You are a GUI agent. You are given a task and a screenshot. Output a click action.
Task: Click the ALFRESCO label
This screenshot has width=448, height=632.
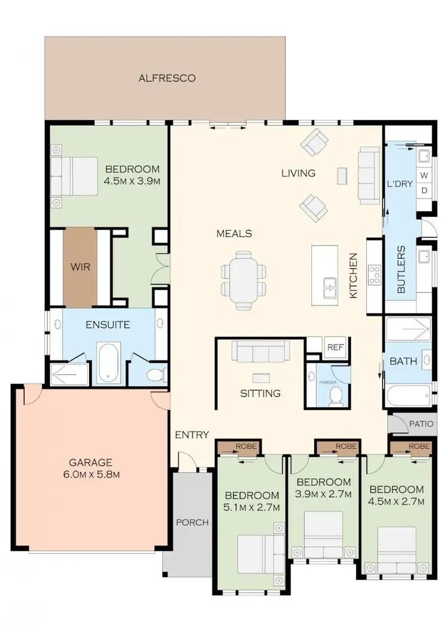click(167, 78)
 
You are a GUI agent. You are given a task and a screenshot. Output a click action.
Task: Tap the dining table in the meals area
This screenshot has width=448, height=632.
click(243, 279)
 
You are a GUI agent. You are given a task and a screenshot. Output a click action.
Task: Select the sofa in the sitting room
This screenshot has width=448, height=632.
click(260, 352)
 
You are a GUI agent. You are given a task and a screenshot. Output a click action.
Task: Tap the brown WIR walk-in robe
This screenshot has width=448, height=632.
click(79, 267)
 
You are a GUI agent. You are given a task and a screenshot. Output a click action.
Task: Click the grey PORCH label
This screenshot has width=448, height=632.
click(192, 522)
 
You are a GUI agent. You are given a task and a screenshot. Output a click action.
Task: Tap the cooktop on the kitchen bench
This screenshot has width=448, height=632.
click(375, 275)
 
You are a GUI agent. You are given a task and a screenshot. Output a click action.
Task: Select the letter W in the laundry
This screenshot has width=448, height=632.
click(424, 175)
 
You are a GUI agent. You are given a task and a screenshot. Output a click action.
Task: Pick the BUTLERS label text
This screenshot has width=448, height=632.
click(401, 269)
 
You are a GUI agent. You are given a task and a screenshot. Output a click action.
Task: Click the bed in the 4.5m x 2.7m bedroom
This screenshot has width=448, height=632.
click(396, 549)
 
